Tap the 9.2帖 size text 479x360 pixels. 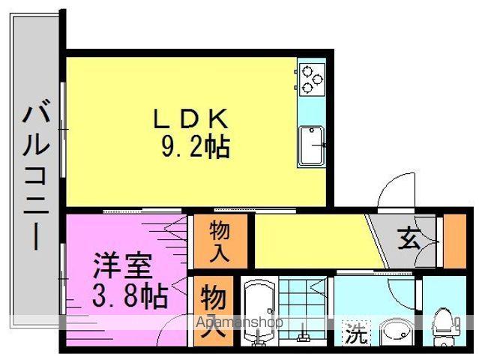(193, 147)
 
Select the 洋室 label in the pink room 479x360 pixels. (123, 266)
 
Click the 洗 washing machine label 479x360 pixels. (356, 332)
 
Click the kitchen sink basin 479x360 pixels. (310, 143)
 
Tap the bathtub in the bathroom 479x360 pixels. (259, 312)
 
